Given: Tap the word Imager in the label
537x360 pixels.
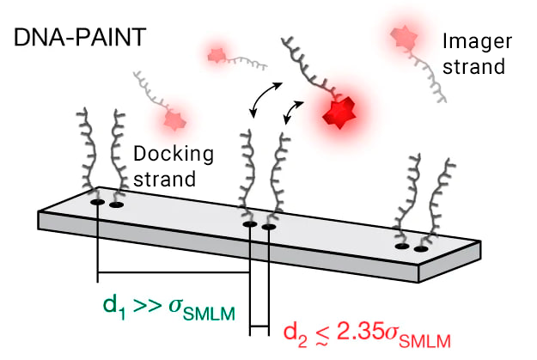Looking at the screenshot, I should point(470,40).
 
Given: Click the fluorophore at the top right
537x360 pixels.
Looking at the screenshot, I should point(400,36).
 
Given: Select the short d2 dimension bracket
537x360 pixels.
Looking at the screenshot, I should point(259,327).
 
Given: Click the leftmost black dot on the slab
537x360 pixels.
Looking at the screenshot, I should point(98,202).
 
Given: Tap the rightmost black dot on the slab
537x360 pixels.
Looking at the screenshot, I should point(421,249).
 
